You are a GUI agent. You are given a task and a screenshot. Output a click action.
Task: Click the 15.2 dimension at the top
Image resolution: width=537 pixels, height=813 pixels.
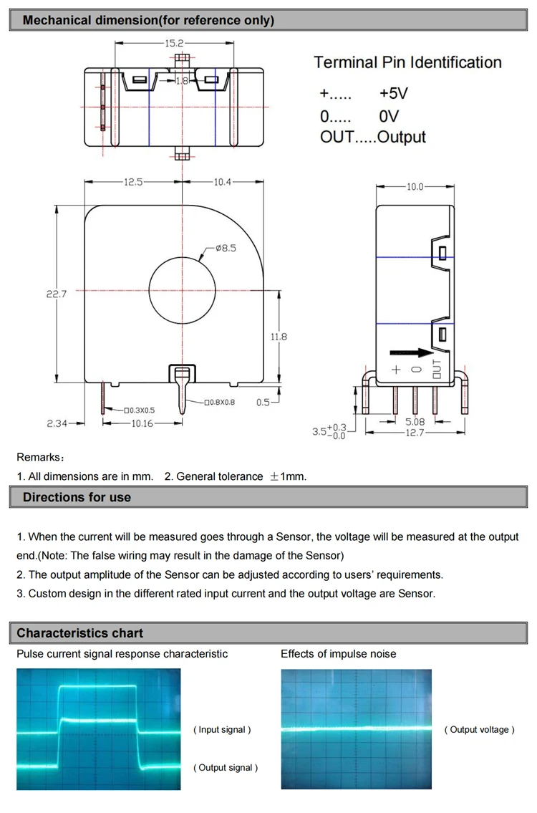[x=174, y=44]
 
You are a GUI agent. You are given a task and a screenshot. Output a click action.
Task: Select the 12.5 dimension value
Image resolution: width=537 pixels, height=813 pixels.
[x=133, y=182]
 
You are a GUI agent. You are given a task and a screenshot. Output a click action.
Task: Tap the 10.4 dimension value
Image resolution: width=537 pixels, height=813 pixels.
[x=223, y=182]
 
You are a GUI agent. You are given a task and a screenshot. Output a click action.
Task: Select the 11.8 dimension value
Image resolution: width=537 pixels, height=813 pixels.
[x=279, y=336]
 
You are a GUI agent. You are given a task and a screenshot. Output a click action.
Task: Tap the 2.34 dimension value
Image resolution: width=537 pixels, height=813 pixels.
[x=57, y=423]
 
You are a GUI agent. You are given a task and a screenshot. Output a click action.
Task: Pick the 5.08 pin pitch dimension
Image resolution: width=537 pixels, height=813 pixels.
[x=415, y=423]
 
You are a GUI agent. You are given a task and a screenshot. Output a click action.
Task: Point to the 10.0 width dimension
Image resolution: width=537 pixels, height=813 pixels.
[x=415, y=187]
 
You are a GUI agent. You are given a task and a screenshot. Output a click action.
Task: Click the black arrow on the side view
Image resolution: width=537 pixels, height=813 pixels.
[x=412, y=352]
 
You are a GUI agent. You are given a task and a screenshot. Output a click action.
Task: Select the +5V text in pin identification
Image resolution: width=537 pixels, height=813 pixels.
[x=393, y=94]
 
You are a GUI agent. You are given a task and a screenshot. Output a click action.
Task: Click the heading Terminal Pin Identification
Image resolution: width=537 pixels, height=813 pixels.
[x=407, y=62]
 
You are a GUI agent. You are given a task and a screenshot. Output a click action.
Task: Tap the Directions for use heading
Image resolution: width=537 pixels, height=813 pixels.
[x=77, y=497]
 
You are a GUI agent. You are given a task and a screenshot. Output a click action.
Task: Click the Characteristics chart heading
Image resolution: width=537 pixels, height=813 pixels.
[x=79, y=633]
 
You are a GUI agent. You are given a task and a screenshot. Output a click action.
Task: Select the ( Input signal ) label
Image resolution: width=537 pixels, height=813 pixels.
[x=222, y=730]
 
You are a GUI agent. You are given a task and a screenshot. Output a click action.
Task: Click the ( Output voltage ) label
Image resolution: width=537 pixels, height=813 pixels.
[x=479, y=730]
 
